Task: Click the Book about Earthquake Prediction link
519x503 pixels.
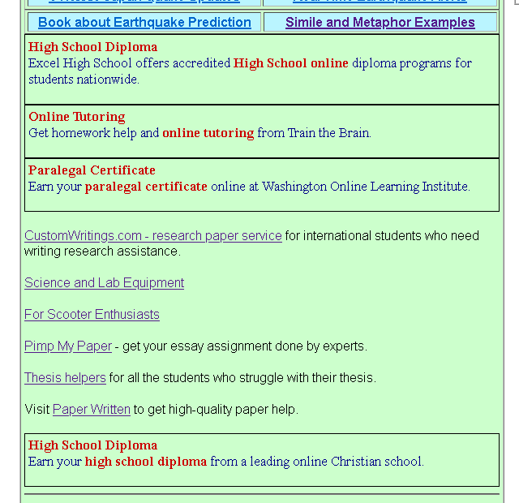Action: click(144, 23)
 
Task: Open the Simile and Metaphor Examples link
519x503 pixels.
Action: click(380, 23)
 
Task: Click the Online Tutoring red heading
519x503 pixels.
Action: click(77, 117)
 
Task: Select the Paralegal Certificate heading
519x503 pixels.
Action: click(92, 170)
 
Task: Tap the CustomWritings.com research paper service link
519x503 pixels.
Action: click(153, 236)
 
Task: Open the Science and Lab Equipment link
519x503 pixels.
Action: click(104, 283)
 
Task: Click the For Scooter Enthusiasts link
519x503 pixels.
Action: click(92, 315)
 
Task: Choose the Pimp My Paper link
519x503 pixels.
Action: click(68, 346)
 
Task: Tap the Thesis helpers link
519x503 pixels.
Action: click(65, 378)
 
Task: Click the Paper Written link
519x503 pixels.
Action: click(92, 410)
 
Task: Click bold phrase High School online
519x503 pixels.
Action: click(291, 63)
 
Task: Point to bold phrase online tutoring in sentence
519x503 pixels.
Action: click(208, 133)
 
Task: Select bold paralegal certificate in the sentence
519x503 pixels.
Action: click(146, 187)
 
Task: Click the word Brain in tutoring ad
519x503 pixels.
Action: click(353, 133)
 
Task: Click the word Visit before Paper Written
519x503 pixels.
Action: click(37, 410)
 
